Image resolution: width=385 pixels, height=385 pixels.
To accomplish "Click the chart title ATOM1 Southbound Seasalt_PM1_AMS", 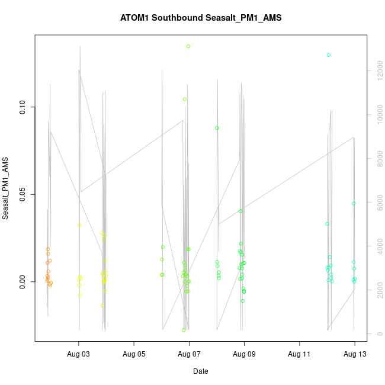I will point(201,18).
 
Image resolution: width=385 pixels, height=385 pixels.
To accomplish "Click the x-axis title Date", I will point(200,371).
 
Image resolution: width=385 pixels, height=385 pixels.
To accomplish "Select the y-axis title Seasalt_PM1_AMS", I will point(6,188).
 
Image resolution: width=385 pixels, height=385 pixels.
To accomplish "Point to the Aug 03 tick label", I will point(79,355).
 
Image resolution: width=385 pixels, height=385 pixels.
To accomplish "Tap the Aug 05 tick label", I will point(134,355).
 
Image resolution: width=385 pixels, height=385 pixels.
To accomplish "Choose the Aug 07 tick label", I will point(189,355).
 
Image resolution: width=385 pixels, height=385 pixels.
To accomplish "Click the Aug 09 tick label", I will point(244,355).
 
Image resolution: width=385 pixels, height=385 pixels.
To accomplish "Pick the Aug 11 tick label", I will point(299,355).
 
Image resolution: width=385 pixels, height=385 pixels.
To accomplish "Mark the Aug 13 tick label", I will point(354,355).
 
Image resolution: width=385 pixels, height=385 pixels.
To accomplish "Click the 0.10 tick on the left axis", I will point(23,107).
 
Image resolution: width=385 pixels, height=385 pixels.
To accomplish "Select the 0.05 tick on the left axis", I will point(23,194).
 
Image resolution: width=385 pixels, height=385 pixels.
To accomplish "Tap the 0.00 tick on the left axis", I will point(23,281).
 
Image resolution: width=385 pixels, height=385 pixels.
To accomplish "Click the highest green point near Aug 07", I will point(188,46).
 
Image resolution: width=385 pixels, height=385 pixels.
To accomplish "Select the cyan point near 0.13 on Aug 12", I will point(328,55).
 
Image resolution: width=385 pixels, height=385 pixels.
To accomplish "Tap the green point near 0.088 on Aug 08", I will point(217,128).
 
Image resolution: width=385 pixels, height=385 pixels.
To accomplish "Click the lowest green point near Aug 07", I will point(184,330).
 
